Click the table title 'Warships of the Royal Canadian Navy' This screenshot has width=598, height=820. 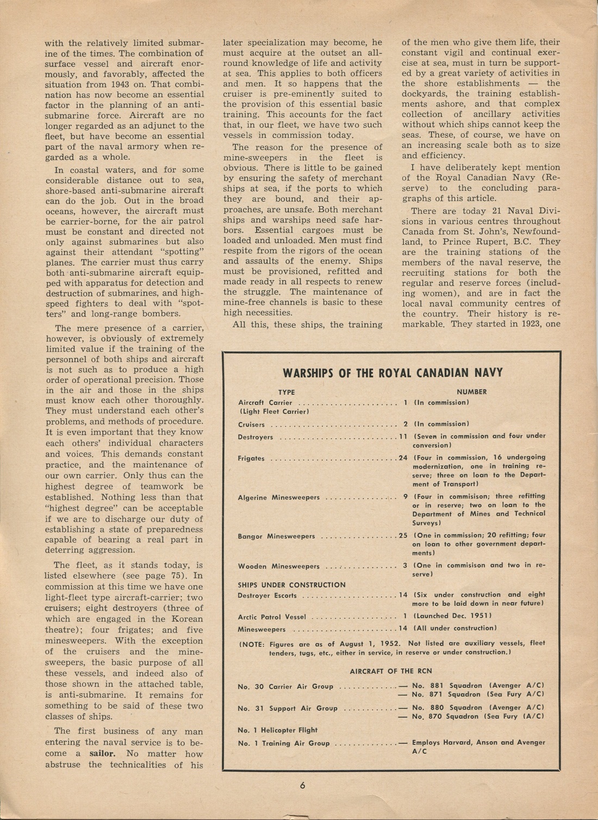[x=393, y=372]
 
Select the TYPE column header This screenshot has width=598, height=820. [x=286, y=392]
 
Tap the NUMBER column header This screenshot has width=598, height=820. [x=471, y=392]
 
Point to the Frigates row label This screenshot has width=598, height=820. [x=251, y=458]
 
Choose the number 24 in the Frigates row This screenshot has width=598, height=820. [x=403, y=458]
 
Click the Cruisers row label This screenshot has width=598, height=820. [x=251, y=425]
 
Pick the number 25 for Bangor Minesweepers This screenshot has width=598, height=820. [x=403, y=536]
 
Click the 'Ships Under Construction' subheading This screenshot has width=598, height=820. [x=291, y=585]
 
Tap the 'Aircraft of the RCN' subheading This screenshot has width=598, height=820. [x=391, y=671]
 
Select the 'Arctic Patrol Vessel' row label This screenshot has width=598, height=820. [x=272, y=617]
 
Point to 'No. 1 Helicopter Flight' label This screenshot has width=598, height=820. [x=277, y=730]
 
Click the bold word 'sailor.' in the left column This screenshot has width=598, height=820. [x=103, y=754]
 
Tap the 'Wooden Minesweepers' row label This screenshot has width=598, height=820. [x=278, y=567]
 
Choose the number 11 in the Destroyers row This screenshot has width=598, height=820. [x=403, y=437]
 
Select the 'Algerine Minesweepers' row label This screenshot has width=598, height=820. [x=278, y=498]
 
